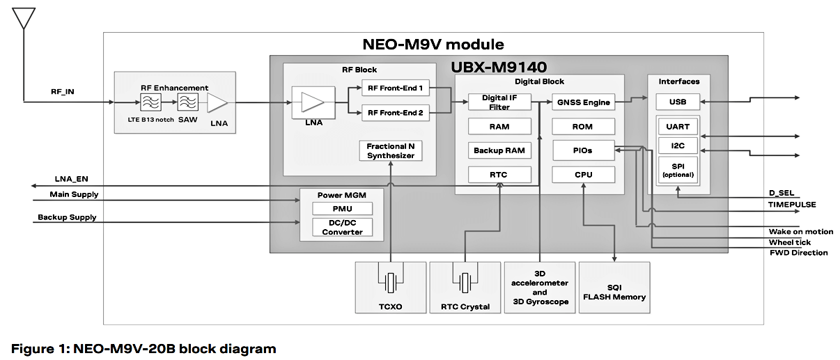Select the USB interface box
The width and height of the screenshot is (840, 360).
(678, 102)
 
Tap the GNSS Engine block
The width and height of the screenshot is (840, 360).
(583, 102)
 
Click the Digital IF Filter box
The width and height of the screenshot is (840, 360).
(499, 102)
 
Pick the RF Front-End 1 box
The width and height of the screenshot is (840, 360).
(395, 89)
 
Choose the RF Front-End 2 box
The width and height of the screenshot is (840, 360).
(395, 112)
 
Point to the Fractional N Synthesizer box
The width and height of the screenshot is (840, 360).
(391, 150)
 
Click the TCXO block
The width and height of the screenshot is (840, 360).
(389, 287)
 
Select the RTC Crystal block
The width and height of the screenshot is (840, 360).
(465, 287)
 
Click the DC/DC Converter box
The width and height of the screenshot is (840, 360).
(342, 227)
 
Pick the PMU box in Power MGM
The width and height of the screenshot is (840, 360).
(342, 209)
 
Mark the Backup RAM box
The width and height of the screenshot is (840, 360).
(499, 150)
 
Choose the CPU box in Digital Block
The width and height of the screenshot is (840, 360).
(583, 174)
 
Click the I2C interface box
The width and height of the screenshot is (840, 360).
(678, 145)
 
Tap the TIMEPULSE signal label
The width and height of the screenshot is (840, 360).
(792, 205)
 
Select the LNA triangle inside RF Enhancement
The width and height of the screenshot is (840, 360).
(217, 102)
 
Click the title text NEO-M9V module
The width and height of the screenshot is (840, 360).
(433, 45)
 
